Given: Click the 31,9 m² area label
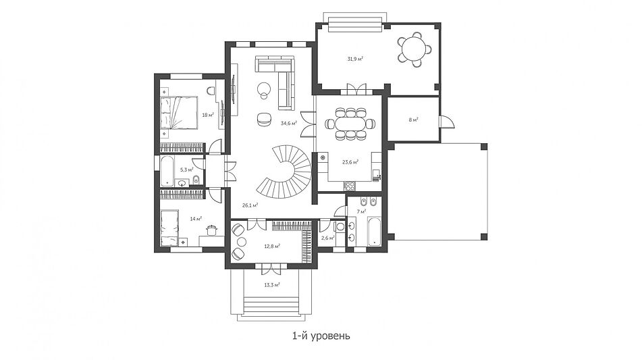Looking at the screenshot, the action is tap(355, 59).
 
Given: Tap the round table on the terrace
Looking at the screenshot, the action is tap(413, 49).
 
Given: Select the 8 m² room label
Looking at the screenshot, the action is tap(413, 120).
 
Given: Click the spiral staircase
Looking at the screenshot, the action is tap(287, 171).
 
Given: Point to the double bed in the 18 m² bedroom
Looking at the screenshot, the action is tap(178, 113).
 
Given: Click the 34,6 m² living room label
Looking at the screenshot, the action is tap(289, 123).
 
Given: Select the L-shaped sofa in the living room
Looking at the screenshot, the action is tap(278, 82).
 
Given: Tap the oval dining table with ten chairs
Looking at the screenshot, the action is tap(350, 124).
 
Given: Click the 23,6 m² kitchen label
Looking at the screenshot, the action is tap(350, 162).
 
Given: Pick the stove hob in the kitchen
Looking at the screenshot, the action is tap(350, 186).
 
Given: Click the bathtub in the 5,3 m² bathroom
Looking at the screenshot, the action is tap(167, 170).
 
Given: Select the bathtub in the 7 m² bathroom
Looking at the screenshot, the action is tap(375, 232).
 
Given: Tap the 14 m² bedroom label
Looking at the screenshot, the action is tap(196, 219).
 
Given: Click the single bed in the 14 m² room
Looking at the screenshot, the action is tap(169, 228).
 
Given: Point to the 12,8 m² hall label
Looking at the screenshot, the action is tap(272, 247).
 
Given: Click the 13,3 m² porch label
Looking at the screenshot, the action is tap(272, 284).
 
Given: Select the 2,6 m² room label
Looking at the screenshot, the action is tap(327, 238).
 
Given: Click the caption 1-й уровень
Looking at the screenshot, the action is tap(321, 336).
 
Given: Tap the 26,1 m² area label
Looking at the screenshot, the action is tap(250, 205).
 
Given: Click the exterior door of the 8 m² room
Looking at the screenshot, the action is tap(446, 122).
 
